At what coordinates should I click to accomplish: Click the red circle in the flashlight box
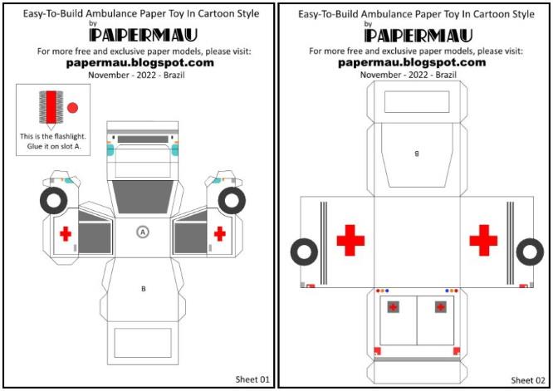71,108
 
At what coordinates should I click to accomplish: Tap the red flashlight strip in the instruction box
51,109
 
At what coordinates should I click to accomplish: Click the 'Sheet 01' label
253,379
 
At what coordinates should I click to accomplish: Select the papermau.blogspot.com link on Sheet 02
415,62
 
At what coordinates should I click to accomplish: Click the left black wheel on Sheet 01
53,202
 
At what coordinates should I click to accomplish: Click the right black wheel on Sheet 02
530,252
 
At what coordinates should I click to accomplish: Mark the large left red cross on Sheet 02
350,240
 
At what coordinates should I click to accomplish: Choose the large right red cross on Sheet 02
482,240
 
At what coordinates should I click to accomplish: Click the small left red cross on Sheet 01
66,234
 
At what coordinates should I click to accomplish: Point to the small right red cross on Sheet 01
220,234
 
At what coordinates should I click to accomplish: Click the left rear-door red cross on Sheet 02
393,307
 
